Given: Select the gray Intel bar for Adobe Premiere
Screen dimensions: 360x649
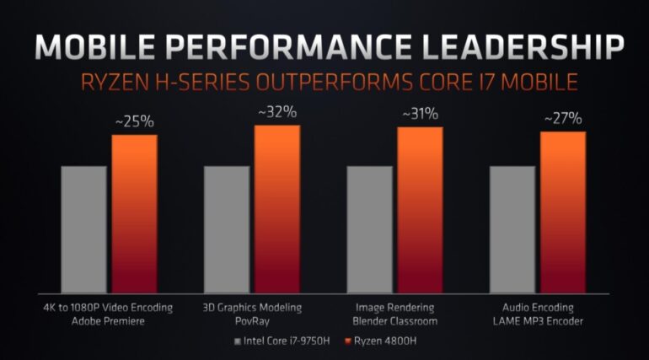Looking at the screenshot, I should coord(83,228).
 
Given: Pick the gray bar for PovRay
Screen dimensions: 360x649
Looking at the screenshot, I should coord(227,228).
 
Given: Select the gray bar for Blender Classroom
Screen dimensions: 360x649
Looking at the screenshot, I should coord(369,228).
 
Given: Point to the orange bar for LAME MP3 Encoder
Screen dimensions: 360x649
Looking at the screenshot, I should coord(562,212).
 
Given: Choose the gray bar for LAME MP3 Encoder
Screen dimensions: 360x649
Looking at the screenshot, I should coord(512,228).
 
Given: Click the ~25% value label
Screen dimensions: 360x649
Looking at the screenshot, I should coord(134,121).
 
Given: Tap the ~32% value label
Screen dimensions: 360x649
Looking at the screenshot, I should coord(277,111).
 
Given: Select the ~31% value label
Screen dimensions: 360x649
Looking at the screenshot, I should coord(420,113).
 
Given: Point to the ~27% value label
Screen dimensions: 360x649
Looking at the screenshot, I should coord(562,118).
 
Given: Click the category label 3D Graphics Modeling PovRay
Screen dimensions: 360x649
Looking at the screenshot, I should coord(252,314).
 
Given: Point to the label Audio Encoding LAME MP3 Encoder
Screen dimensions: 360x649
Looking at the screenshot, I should coord(537,314).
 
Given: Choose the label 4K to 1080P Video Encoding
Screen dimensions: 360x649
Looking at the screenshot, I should coord(109,308).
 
